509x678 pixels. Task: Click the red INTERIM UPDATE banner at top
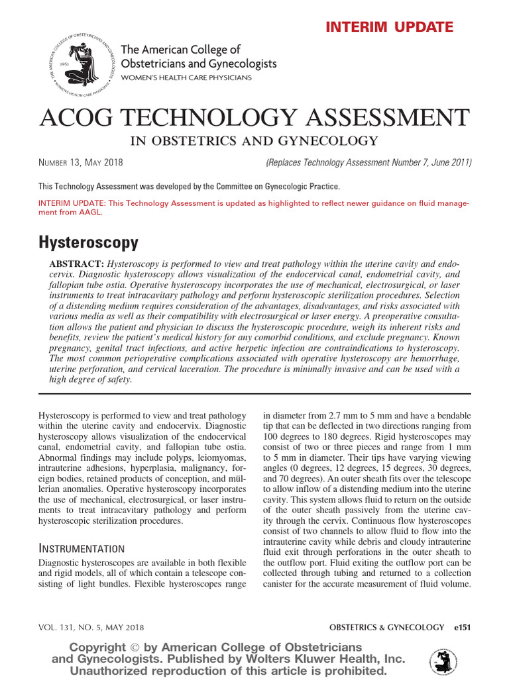click(x=389, y=27)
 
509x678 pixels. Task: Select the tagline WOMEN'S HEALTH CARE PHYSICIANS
click(x=186, y=78)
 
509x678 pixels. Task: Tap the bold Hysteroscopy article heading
click(x=89, y=243)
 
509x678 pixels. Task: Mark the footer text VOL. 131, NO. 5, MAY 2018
click(x=91, y=627)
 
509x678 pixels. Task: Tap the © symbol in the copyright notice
click(x=136, y=647)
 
